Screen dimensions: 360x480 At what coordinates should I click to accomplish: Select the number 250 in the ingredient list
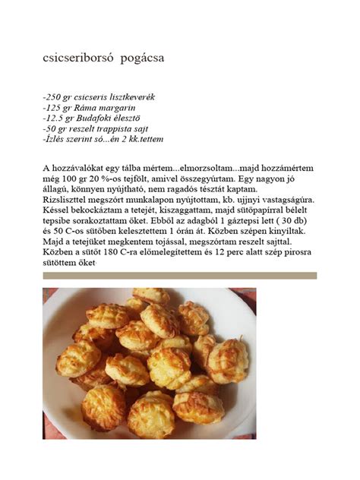tap(56, 98)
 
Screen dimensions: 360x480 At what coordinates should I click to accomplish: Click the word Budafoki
tap(103, 119)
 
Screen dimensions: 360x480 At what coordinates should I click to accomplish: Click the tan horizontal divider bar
tap(179, 276)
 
